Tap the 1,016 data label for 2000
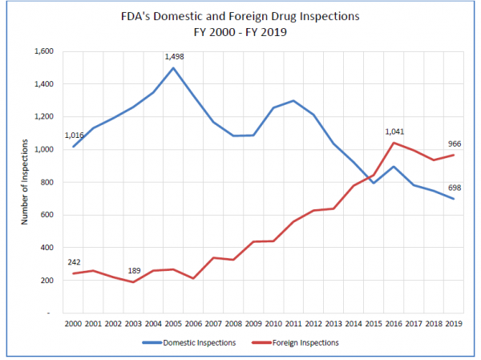pos(75,136)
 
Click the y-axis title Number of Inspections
pos(25,181)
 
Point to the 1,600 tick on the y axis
pos(42,51)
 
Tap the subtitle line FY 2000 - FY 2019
pos(241,34)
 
